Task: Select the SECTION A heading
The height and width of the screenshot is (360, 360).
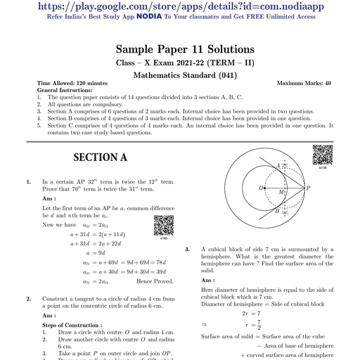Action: (100, 157)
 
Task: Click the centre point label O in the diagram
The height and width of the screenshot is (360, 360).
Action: (262, 188)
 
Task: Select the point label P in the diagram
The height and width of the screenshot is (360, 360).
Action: (308, 188)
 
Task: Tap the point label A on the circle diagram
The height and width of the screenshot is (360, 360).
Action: (278, 166)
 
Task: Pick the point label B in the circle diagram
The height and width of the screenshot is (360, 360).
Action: (278, 211)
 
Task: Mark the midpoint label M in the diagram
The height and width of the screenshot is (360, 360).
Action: (281, 192)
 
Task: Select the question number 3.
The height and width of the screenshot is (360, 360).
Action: (187, 250)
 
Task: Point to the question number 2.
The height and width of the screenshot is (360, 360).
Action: (29, 299)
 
